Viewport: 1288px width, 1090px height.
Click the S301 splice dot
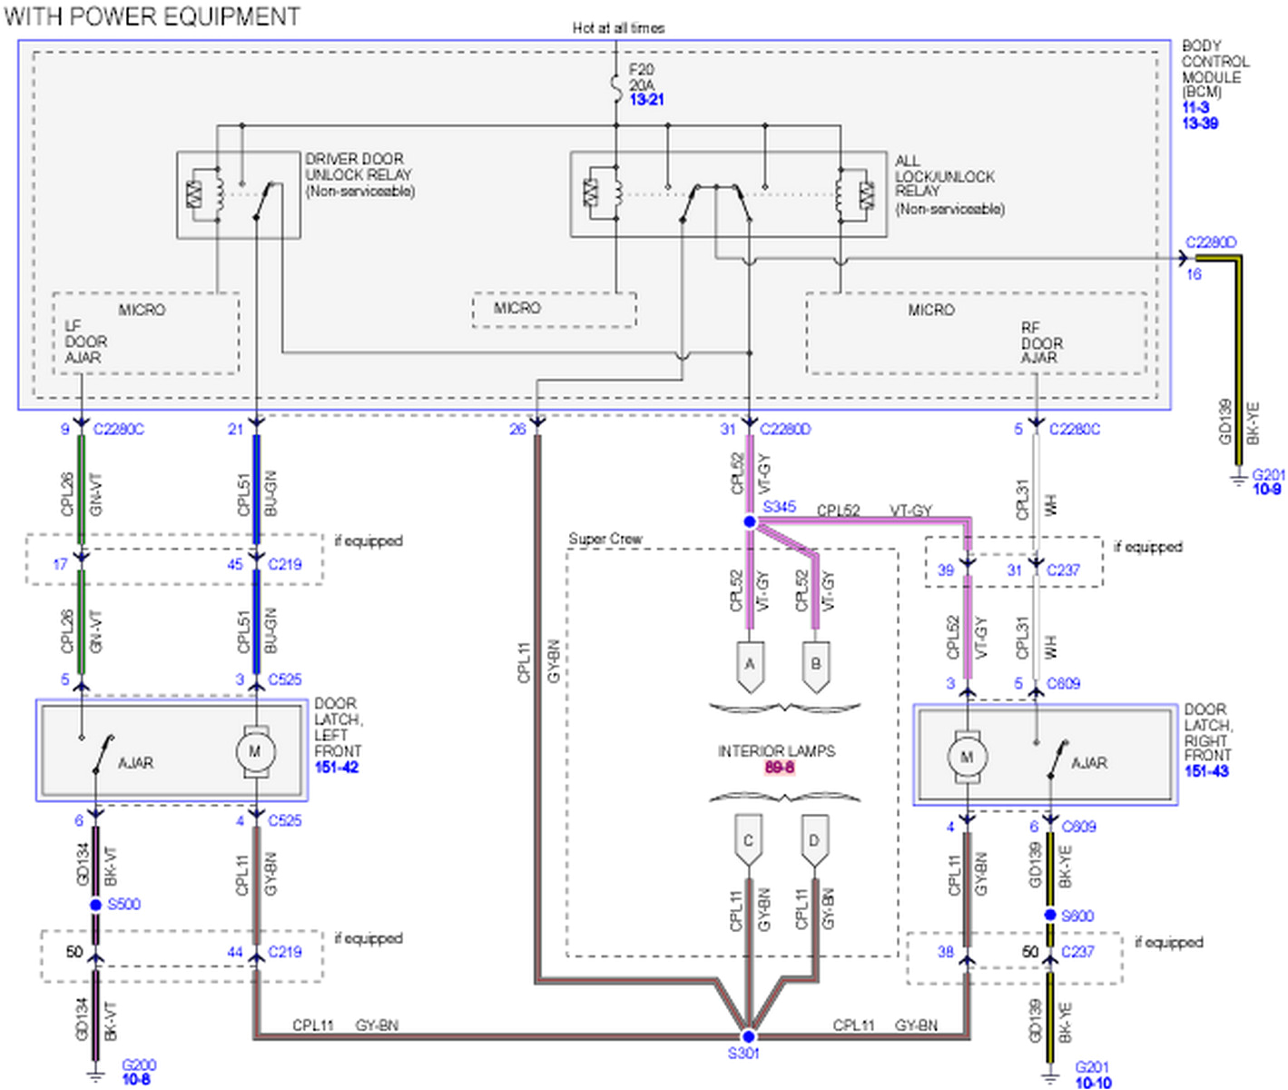click(x=748, y=1036)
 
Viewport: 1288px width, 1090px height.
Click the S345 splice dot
click(x=749, y=521)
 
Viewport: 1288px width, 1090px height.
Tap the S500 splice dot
click(x=95, y=905)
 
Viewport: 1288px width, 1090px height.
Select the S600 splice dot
click(x=1050, y=916)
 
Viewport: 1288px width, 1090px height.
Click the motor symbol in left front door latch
click(x=255, y=752)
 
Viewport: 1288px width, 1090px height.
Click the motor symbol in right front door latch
click(x=967, y=757)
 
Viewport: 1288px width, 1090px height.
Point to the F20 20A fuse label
click(x=643, y=77)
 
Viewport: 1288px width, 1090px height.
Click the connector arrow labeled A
click(x=750, y=666)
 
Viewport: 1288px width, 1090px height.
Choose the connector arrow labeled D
click(x=814, y=842)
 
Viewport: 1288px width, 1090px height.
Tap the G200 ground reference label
click(x=138, y=1065)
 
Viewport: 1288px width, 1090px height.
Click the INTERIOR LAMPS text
click(x=776, y=751)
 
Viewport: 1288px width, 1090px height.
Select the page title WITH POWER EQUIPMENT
click(x=152, y=16)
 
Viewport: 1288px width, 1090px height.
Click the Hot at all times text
click(x=618, y=28)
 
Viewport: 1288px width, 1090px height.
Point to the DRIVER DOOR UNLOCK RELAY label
click(x=359, y=174)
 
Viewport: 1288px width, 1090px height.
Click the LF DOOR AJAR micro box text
click(x=85, y=342)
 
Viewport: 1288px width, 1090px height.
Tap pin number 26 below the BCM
click(x=517, y=429)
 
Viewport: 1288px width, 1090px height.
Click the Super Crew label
click(x=605, y=539)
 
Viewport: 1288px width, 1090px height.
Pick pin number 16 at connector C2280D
click(x=1194, y=274)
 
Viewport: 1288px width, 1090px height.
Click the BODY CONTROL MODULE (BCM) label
click(x=1214, y=68)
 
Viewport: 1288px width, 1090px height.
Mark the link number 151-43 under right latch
click(x=1206, y=771)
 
